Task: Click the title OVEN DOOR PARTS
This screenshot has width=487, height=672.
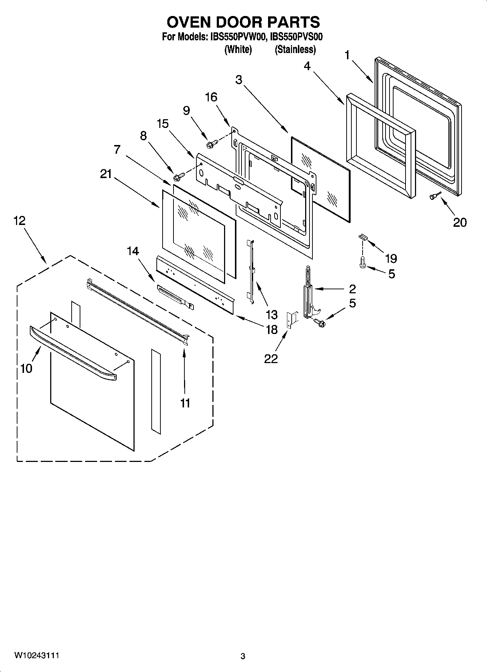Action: tap(243, 22)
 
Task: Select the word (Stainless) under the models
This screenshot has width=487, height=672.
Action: tap(295, 49)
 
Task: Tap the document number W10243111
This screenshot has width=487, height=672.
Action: tap(37, 655)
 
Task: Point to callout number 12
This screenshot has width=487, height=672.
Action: tap(20, 221)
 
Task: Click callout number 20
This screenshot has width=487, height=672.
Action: tap(460, 222)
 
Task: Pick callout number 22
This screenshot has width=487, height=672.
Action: tap(271, 359)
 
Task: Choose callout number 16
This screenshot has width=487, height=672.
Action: tap(211, 97)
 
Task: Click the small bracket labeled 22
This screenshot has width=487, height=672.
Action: tap(292, 320)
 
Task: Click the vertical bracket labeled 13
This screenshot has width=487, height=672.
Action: tap(251, 269)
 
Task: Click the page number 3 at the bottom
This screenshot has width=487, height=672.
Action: tap(243, 656)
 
